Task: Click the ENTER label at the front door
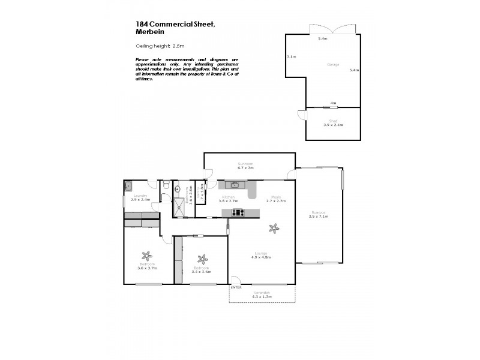coord(236,287)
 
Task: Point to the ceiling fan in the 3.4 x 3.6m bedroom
coord(203,259)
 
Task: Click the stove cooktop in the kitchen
coord(238,212)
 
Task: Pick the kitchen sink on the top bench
coord(233,185)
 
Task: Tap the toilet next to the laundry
coord(166,186)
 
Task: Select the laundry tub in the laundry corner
coord(129,187)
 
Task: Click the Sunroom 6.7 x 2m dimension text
coord(246,168)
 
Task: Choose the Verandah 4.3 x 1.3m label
coord(262,295)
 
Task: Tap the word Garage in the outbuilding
coord(332,64)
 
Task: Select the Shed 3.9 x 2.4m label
coord(332,124)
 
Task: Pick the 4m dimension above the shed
coord(333,103)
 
